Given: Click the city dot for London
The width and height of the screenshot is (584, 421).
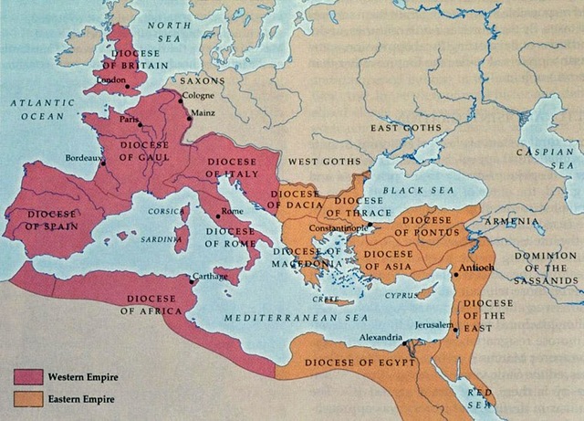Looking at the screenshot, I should [x=128, y=88].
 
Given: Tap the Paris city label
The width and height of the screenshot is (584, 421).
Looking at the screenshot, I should [x=128, y=120].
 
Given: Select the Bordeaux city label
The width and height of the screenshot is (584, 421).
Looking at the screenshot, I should [x=84, y=158].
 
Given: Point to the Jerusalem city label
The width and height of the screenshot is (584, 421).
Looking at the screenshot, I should [x=433, y=326].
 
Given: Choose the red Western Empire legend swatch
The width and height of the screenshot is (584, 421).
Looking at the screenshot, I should [x=27, y=376].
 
